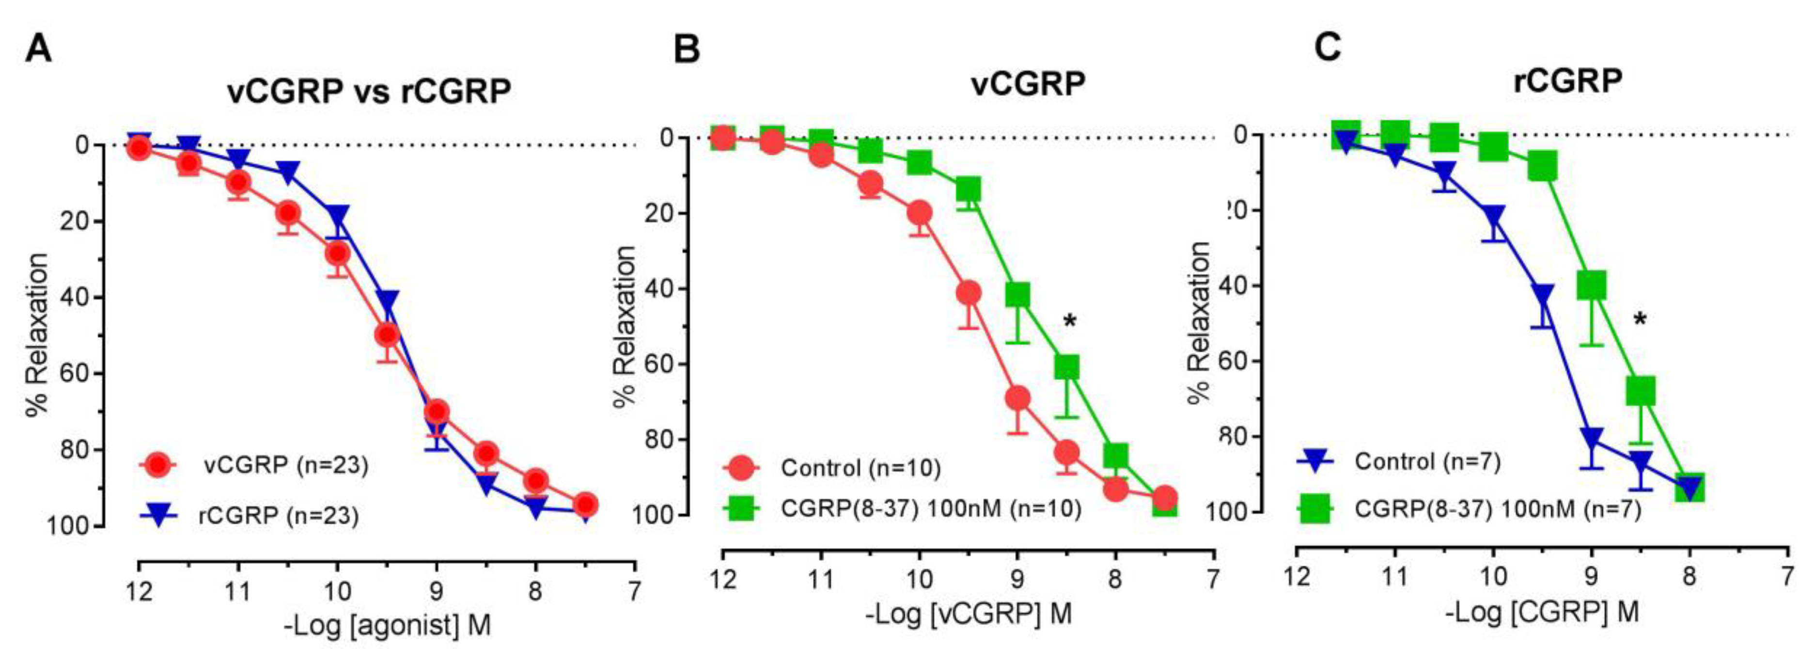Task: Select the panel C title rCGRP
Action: point(1567,81)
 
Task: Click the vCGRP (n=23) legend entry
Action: point(285,465)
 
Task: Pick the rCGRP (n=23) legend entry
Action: point(278,516)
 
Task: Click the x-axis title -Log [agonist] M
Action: point(387,624)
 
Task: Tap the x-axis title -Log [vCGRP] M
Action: point(969,614)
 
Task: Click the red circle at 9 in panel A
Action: point(437,412)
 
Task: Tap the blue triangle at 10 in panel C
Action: point(1493,215)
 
